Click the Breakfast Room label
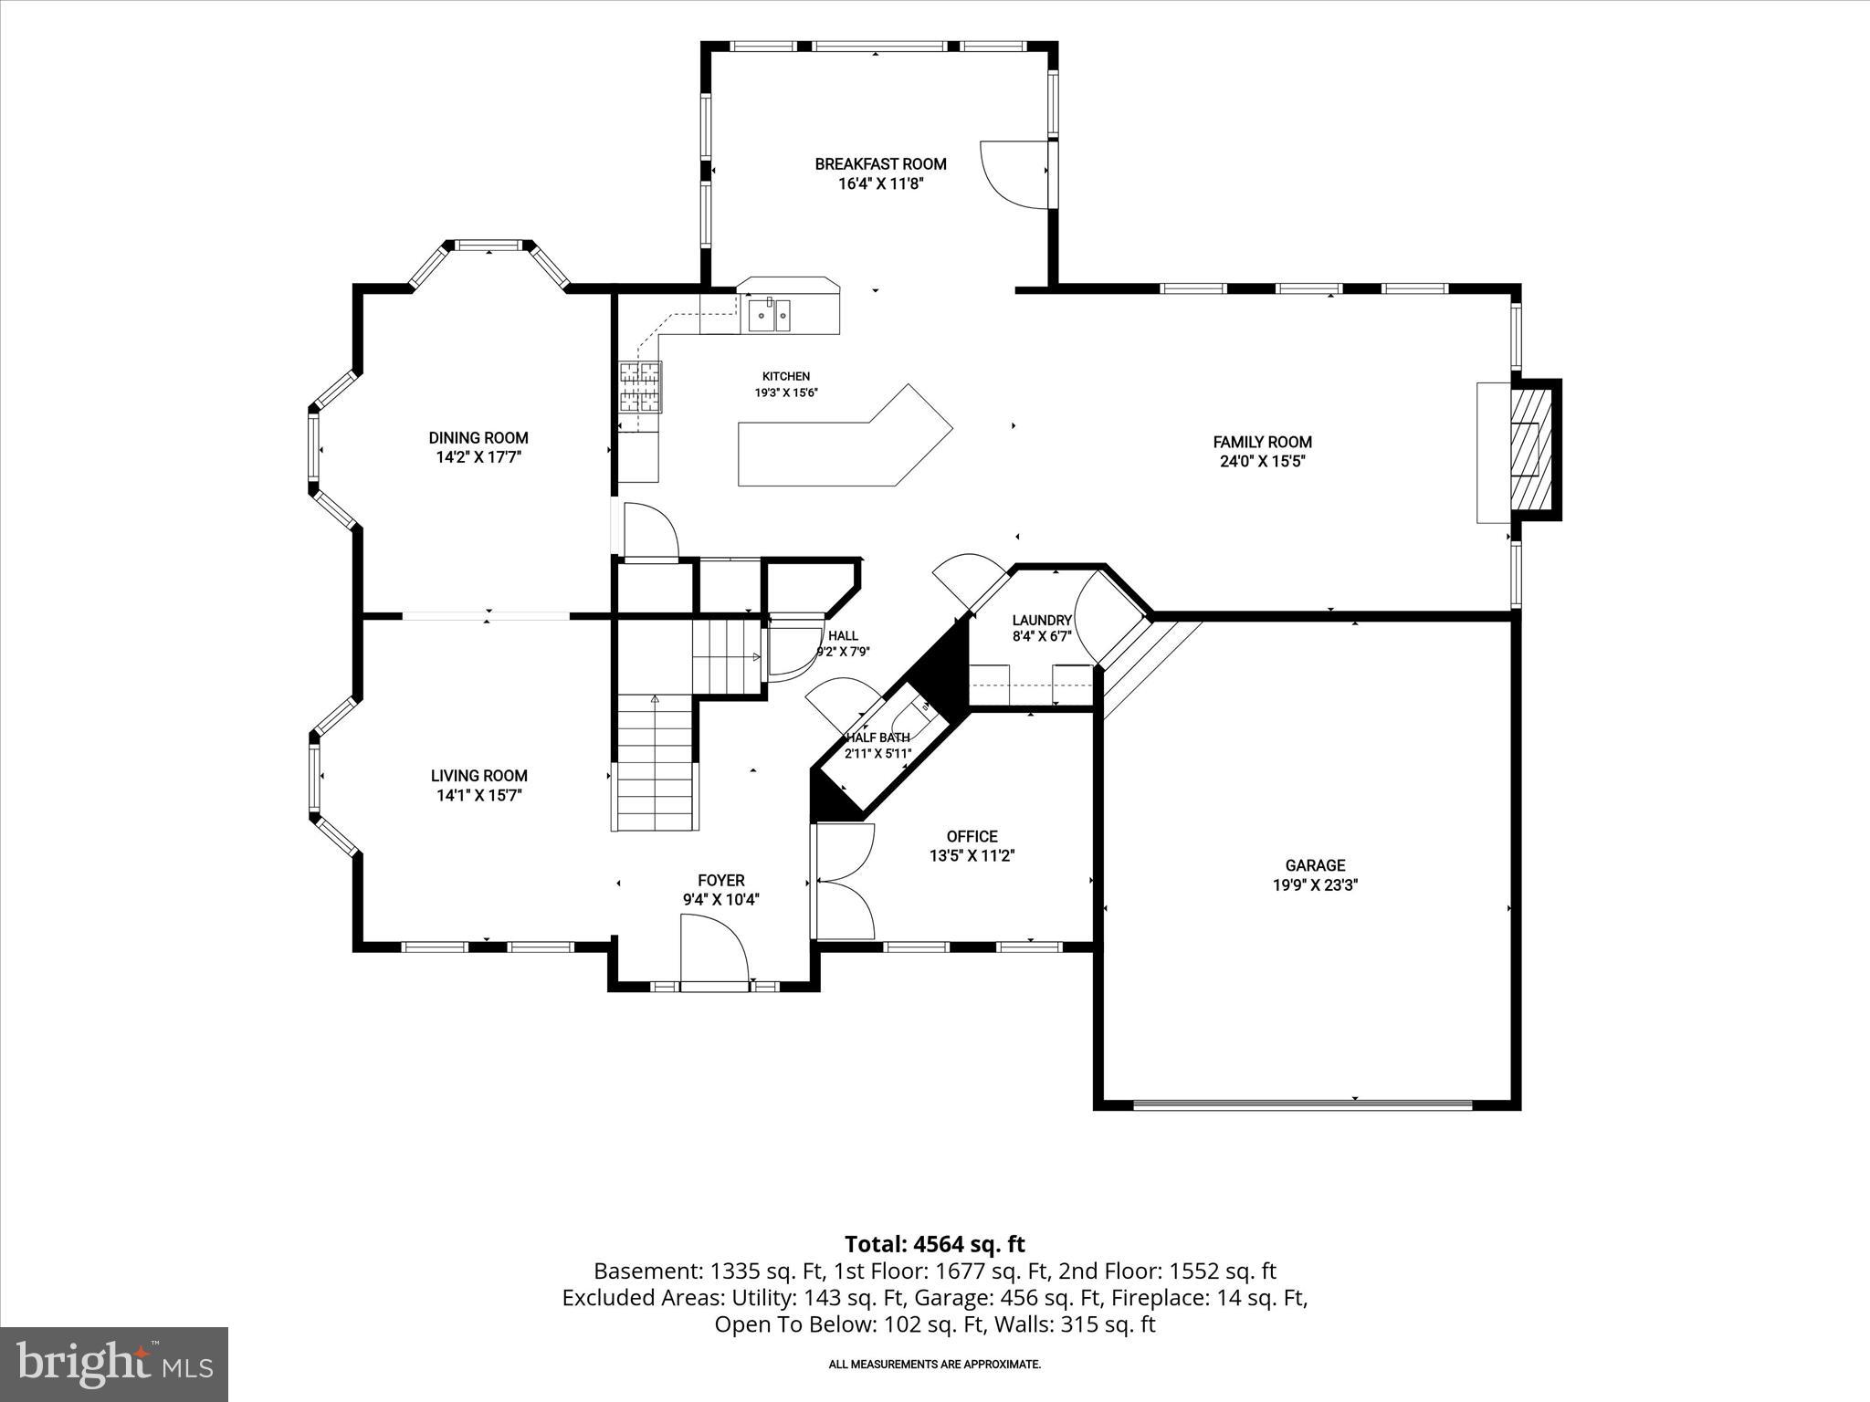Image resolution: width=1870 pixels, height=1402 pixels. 880,164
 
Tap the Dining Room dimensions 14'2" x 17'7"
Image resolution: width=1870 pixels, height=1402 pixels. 478,457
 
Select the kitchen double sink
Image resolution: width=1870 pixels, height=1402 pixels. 771,315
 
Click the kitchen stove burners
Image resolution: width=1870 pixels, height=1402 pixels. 640,388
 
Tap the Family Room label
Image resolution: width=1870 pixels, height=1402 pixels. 1262,442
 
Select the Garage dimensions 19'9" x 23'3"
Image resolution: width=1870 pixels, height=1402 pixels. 1316,884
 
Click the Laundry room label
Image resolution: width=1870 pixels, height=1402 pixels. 1042,621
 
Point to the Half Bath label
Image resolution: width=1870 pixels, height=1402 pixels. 877,738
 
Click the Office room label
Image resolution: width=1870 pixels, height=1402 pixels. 972,836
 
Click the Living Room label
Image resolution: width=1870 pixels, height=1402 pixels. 478,776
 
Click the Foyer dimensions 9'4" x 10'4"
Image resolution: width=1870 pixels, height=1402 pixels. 720,899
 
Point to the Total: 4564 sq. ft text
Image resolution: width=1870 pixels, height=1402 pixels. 935,1244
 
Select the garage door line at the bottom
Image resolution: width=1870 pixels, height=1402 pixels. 1303,1104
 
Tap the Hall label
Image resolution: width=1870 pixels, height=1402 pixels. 843,635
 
